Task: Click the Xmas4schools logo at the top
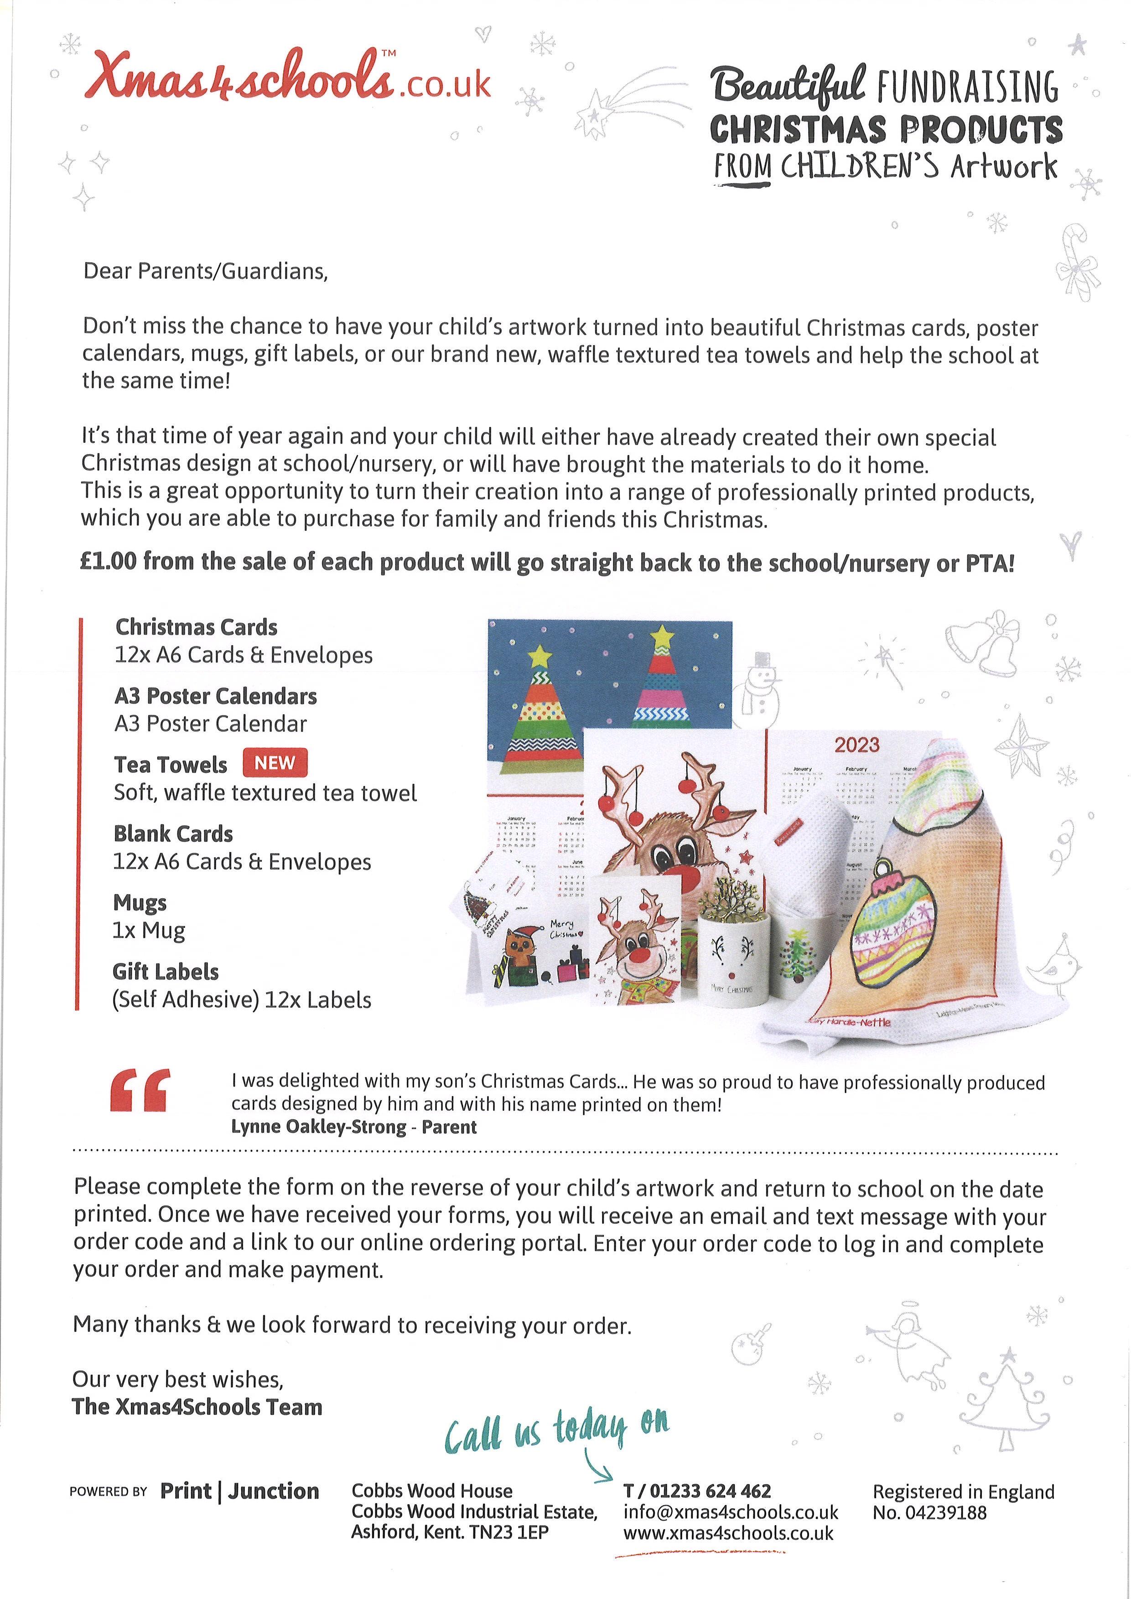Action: click(x=287, y=82)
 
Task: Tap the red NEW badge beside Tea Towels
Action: click(x=275, y=763)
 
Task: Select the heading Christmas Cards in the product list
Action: click(x=197, y=627)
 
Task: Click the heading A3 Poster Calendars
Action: click(x=216, y=696)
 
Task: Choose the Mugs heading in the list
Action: click(x=140, y=903)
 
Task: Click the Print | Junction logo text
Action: click(x=239, y=1491)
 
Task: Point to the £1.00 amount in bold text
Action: click(x=108, y=563)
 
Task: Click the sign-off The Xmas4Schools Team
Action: click(x=197, y=1407)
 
